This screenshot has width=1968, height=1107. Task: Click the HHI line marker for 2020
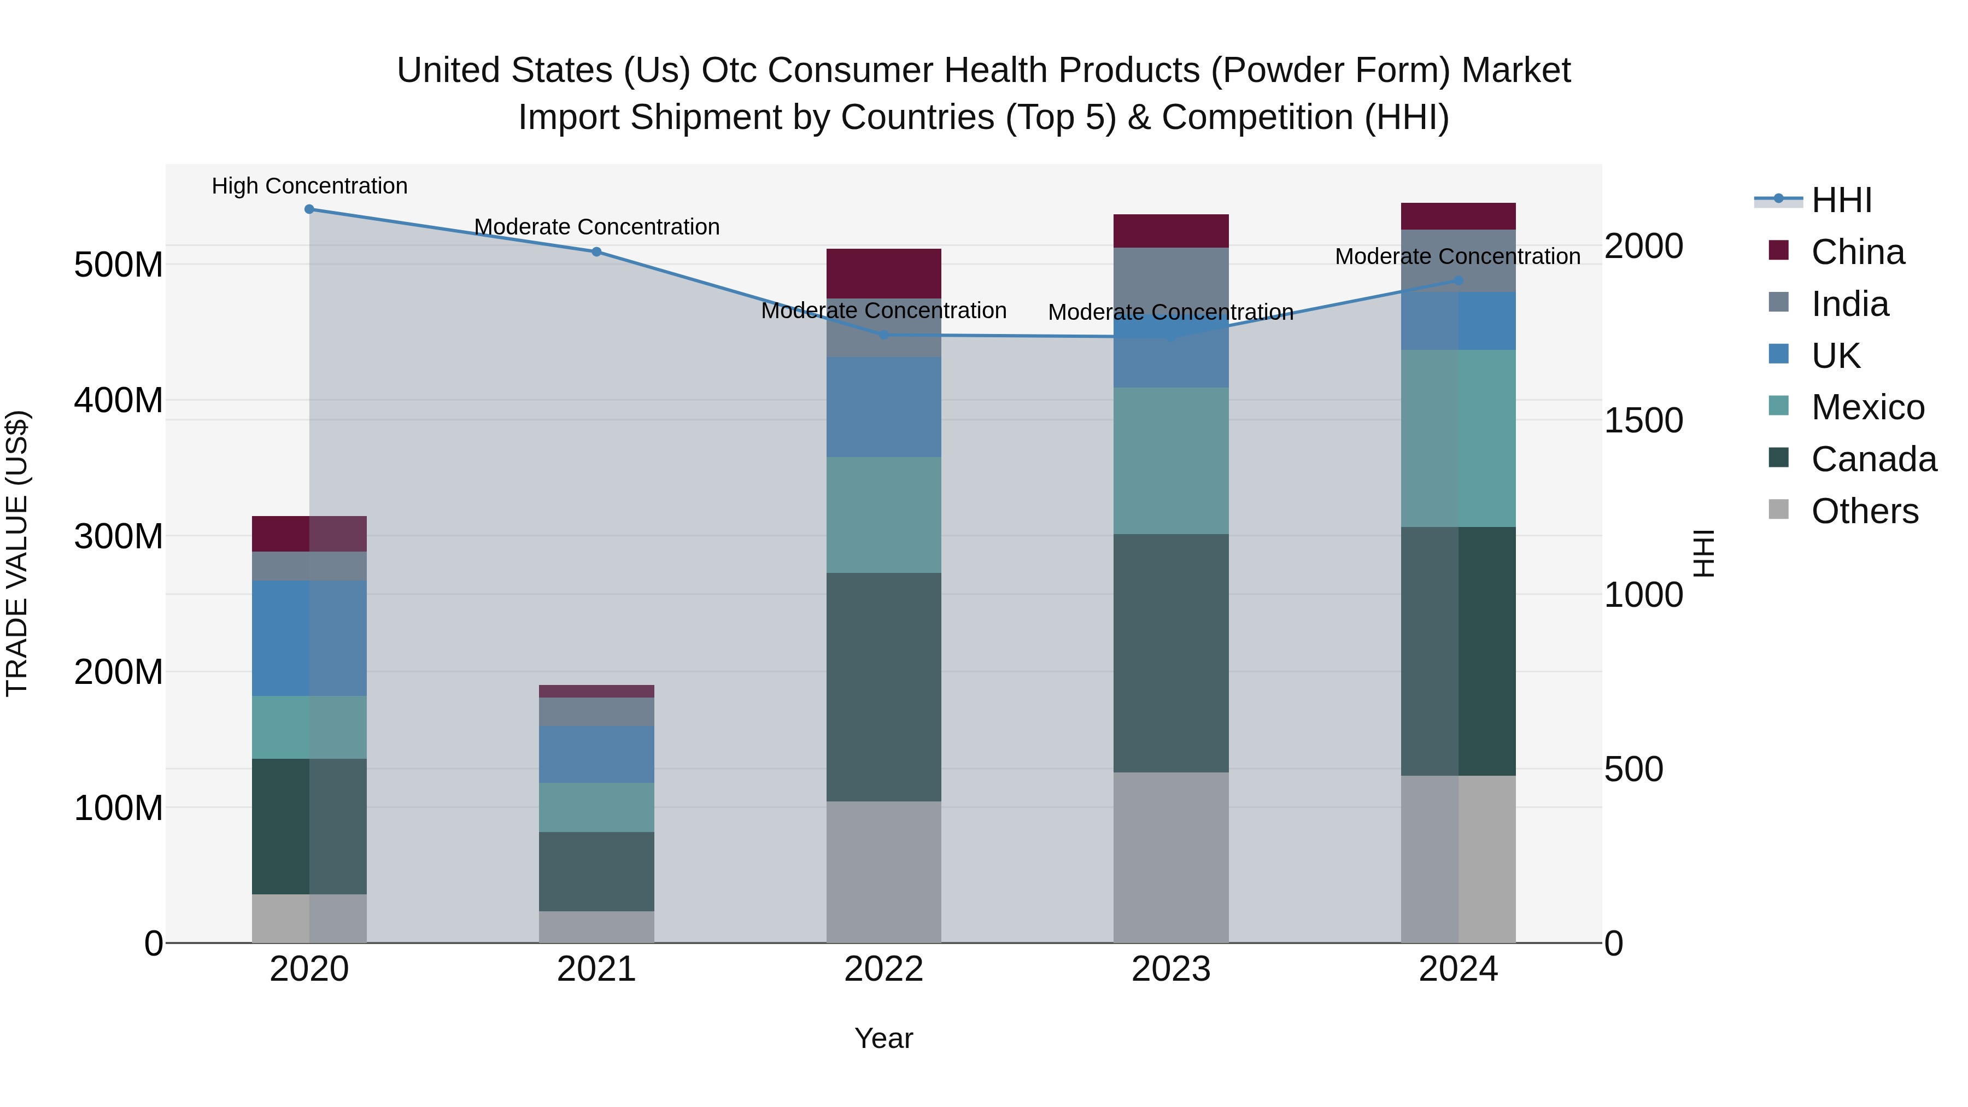click(x=309, y=209)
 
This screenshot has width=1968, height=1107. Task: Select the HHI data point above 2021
click(x=596, y=252)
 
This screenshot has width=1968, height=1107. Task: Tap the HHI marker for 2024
click(x=1459, y=281)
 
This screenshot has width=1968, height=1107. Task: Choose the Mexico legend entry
click(x=1867, y=407)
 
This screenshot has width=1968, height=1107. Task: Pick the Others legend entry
click(x=1864, y=511)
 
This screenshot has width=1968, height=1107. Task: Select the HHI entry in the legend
click(x=1841, y=200)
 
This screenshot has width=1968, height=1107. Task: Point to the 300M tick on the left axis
click(x=119, y=536)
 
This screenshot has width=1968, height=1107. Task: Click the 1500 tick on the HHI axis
click(x=1643, y=420)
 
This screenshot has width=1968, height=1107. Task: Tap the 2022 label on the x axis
click(x=884, y=969)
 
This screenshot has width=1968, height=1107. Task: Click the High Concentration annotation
click(x=309, y=186)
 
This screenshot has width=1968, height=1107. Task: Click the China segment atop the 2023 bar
click(x=1171, y=231)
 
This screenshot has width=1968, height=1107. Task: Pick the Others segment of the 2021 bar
click(x=596, y=927)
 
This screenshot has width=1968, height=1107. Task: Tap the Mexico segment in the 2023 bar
click(x=1171, y=461)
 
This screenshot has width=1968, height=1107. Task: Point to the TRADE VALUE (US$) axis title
click(x=17, y=553)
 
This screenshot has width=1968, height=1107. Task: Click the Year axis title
click(x=884, y=1038)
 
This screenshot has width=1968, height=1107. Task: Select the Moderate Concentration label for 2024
click(x=1457, y=257)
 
